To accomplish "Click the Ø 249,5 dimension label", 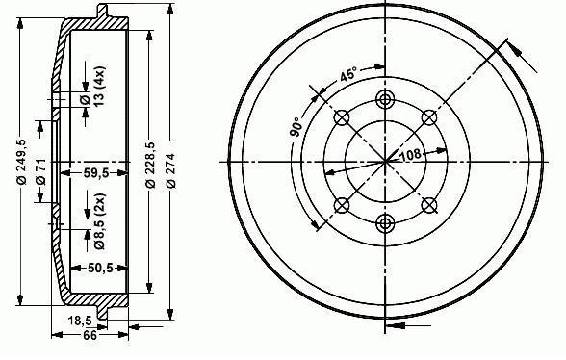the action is pos(22,161).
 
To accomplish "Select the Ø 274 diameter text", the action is pos(171,170).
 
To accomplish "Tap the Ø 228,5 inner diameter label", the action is pos(150,165).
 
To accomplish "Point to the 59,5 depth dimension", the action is pos(96,173).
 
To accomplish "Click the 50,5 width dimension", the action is pos(101,268).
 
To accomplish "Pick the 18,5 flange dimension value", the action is pos(81,320).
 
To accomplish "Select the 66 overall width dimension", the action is pos(90,335).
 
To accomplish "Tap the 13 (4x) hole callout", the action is pos(94,86).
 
